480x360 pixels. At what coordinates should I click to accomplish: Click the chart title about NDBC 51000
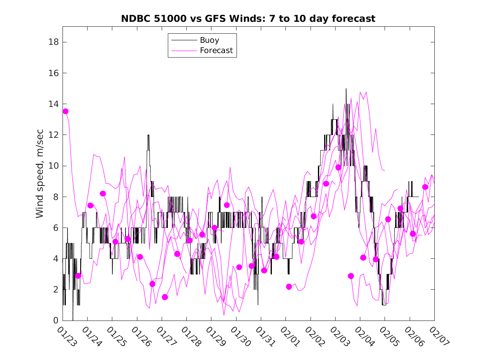pos(248,19)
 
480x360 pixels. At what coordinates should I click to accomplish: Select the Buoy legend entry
pos(209,40)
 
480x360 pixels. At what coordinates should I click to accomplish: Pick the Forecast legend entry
pos(216,51)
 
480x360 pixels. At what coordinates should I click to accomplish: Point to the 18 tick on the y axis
pos(54,42)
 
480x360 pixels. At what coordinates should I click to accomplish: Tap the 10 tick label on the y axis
pos(54,166)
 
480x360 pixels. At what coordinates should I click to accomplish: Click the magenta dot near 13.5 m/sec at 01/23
pos(65,111)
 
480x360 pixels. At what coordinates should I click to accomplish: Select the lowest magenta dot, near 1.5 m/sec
pos(165,297)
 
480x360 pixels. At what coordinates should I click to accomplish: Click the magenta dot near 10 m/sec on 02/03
pos(339,167)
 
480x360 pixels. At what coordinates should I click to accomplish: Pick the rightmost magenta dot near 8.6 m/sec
pos(425,187)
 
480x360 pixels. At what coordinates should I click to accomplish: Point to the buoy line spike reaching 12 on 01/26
pos(148,136)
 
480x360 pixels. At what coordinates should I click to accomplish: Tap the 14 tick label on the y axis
pos(54,104)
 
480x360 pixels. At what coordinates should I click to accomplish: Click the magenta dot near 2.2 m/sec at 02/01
pos(289,287)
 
